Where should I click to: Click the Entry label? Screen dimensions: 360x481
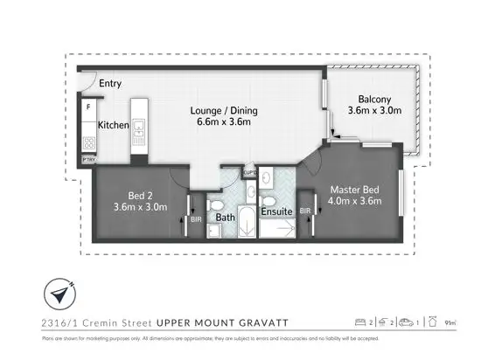pos(110,84)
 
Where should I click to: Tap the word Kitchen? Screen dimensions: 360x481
pos(113,126)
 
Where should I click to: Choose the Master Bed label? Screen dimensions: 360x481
pos(355,189)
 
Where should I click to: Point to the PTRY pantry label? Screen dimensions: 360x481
pos(88,160)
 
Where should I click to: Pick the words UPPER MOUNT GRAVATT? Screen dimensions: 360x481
pos(213,322)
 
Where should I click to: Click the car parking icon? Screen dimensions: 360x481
pos(405,322)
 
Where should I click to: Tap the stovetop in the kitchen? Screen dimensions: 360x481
pos(88,143)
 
